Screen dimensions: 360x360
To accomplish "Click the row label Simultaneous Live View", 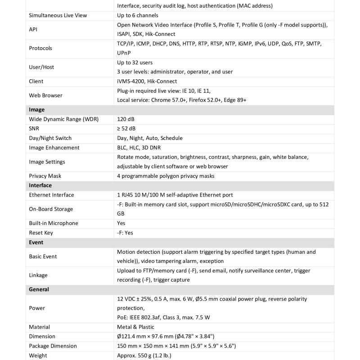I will pos(58,15).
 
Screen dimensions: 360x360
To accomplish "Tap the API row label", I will pos(34,29).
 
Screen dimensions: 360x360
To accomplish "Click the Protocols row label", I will pos(40,48).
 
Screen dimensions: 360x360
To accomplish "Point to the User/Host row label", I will pos(41,67).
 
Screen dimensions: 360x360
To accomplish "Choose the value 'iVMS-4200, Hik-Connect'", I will pos(147,81).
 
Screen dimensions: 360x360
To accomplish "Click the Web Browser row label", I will pos(45,95).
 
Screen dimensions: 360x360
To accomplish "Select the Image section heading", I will pos(36,110).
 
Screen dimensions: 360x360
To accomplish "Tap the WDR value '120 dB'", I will pos(126,119).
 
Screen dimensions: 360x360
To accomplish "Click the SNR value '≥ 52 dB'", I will pos(126,129).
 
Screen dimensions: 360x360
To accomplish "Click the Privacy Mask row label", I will pos(45,176).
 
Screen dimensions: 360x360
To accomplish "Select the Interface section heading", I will pos(40,185).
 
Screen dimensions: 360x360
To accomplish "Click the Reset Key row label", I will pos(41,233).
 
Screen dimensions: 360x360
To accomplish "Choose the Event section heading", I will pos(36,242).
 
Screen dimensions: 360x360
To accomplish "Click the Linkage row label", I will pos(38,275).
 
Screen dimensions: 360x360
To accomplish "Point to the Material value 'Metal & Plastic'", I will pos(135,327).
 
